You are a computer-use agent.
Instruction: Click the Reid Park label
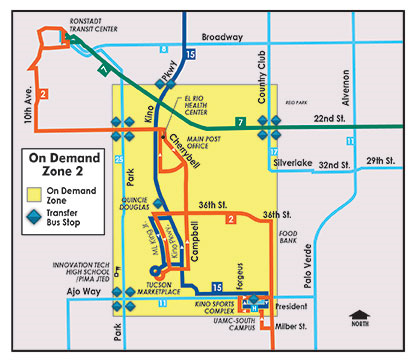pos(296,102)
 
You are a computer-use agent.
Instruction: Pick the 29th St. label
pos(382,162)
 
